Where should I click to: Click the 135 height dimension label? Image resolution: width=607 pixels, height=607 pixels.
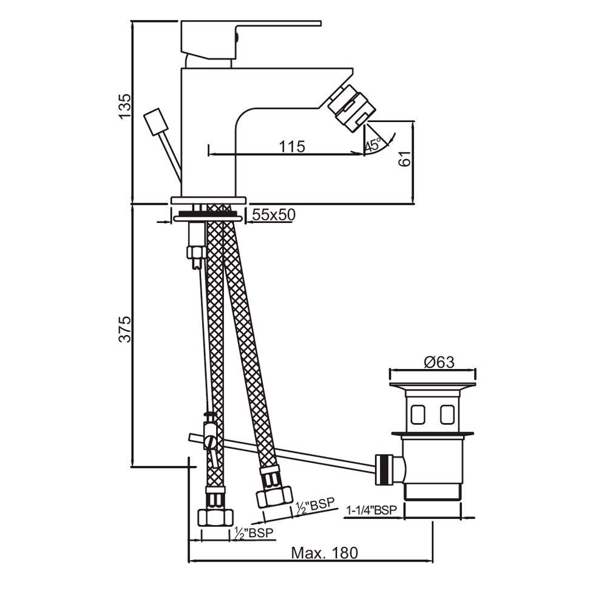[124, 106]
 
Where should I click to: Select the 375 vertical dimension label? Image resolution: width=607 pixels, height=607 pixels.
[124, 329]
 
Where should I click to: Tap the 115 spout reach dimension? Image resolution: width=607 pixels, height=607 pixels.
[292, 147]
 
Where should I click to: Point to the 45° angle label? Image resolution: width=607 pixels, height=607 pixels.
[373, 144]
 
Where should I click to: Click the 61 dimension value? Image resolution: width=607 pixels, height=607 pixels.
[404, 158]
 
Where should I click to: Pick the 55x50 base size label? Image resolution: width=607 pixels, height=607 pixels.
[274, 214]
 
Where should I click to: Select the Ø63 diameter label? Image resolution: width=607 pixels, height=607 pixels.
[439, 362]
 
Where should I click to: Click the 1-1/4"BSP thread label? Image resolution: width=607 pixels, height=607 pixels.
[371, 510]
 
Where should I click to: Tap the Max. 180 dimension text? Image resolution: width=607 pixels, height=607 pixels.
[324, 553]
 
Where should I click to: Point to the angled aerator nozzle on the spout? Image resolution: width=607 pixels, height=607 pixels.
[352, 107]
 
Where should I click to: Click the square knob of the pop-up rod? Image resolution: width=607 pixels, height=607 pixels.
[156, 121]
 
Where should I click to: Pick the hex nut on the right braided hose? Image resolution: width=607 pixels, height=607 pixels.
[274, 497]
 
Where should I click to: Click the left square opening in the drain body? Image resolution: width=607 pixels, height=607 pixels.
[418, 415]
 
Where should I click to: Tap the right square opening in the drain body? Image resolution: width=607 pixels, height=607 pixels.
[447, 415]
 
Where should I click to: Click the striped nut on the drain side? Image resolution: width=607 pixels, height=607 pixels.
[383, 470]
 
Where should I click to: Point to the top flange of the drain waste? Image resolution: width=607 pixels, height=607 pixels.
[432, 385]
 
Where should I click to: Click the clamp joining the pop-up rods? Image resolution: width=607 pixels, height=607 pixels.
[211, 436]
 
